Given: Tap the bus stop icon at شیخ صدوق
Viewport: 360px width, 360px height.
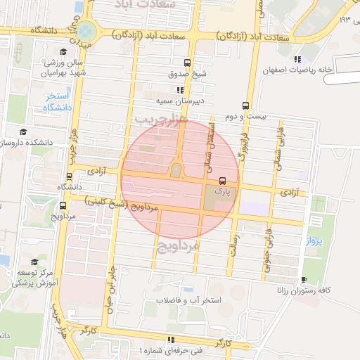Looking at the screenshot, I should tap(187, 62).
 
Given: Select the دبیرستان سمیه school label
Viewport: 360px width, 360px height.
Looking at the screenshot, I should tap(180, 101).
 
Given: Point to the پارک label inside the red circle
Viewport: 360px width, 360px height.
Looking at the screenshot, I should tap(221, 190).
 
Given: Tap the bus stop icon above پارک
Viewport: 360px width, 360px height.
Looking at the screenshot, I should tap(222, 180).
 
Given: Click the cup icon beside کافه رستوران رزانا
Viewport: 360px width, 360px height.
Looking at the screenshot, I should tap(303, 279).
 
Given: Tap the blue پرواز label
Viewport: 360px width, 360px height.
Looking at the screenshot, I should tap(314, 240).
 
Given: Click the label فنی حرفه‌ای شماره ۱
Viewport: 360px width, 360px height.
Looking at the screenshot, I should tap(169, 349).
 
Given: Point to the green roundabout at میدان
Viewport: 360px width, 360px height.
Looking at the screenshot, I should tap(85, 31).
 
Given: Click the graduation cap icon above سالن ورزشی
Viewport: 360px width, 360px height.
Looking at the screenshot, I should tap(63, 52).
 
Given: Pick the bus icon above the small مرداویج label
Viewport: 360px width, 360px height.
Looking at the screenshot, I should tap(63, 205).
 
